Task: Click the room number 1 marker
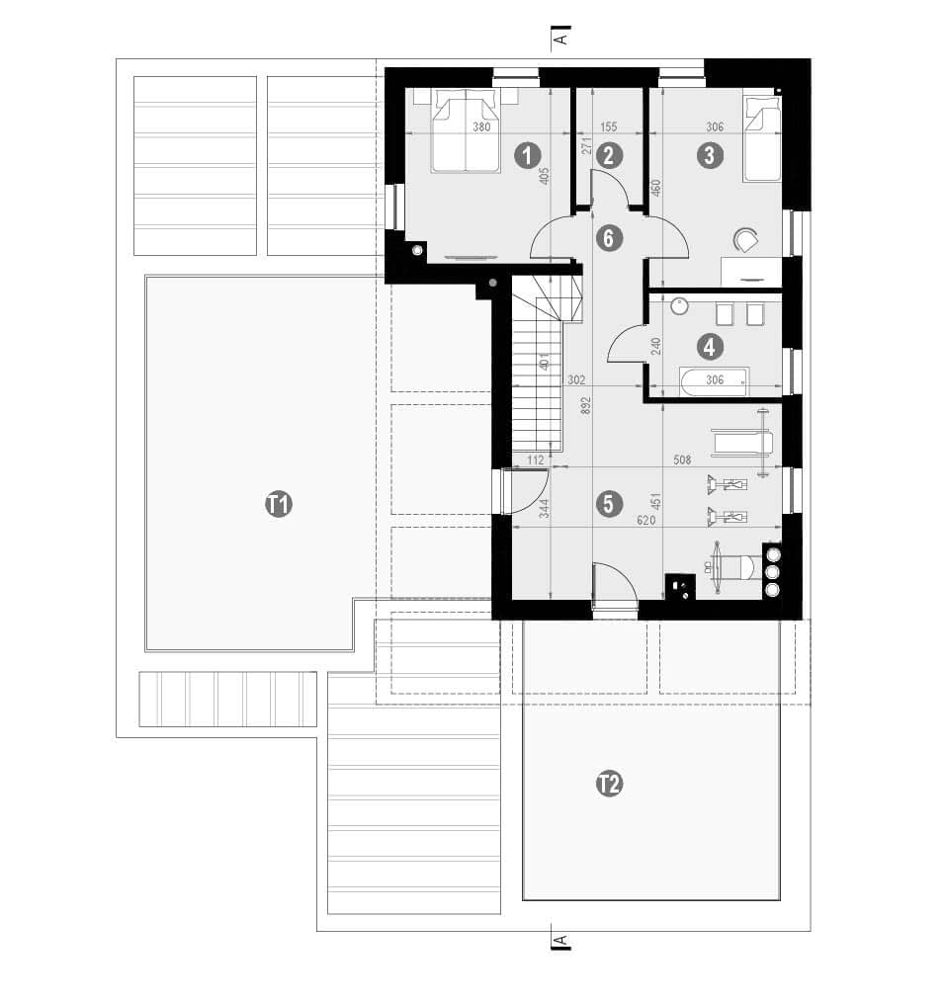click(528, 155)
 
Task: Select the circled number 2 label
click(608, 155)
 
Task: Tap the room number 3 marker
click(710, 155)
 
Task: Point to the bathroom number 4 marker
click(709, 347)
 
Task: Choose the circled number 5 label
click(608, 503)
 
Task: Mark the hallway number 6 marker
click(608, 238)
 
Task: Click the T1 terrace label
click(279, 504)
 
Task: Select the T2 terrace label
click(609, 784)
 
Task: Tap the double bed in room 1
click(466, 130)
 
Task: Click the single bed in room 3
click(761, 139)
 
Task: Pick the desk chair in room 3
click(745, 240)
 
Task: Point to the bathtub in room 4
click(714, 381)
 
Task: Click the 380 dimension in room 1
click(481, 127)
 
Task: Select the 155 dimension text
click(609, 127)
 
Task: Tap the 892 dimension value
click(586, 406)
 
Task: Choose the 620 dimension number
click(646, 521)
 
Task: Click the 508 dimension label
click(682, 459)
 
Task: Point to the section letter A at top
click(560, 39)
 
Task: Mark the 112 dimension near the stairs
click(536, 459)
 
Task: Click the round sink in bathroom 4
click(680, 306)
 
